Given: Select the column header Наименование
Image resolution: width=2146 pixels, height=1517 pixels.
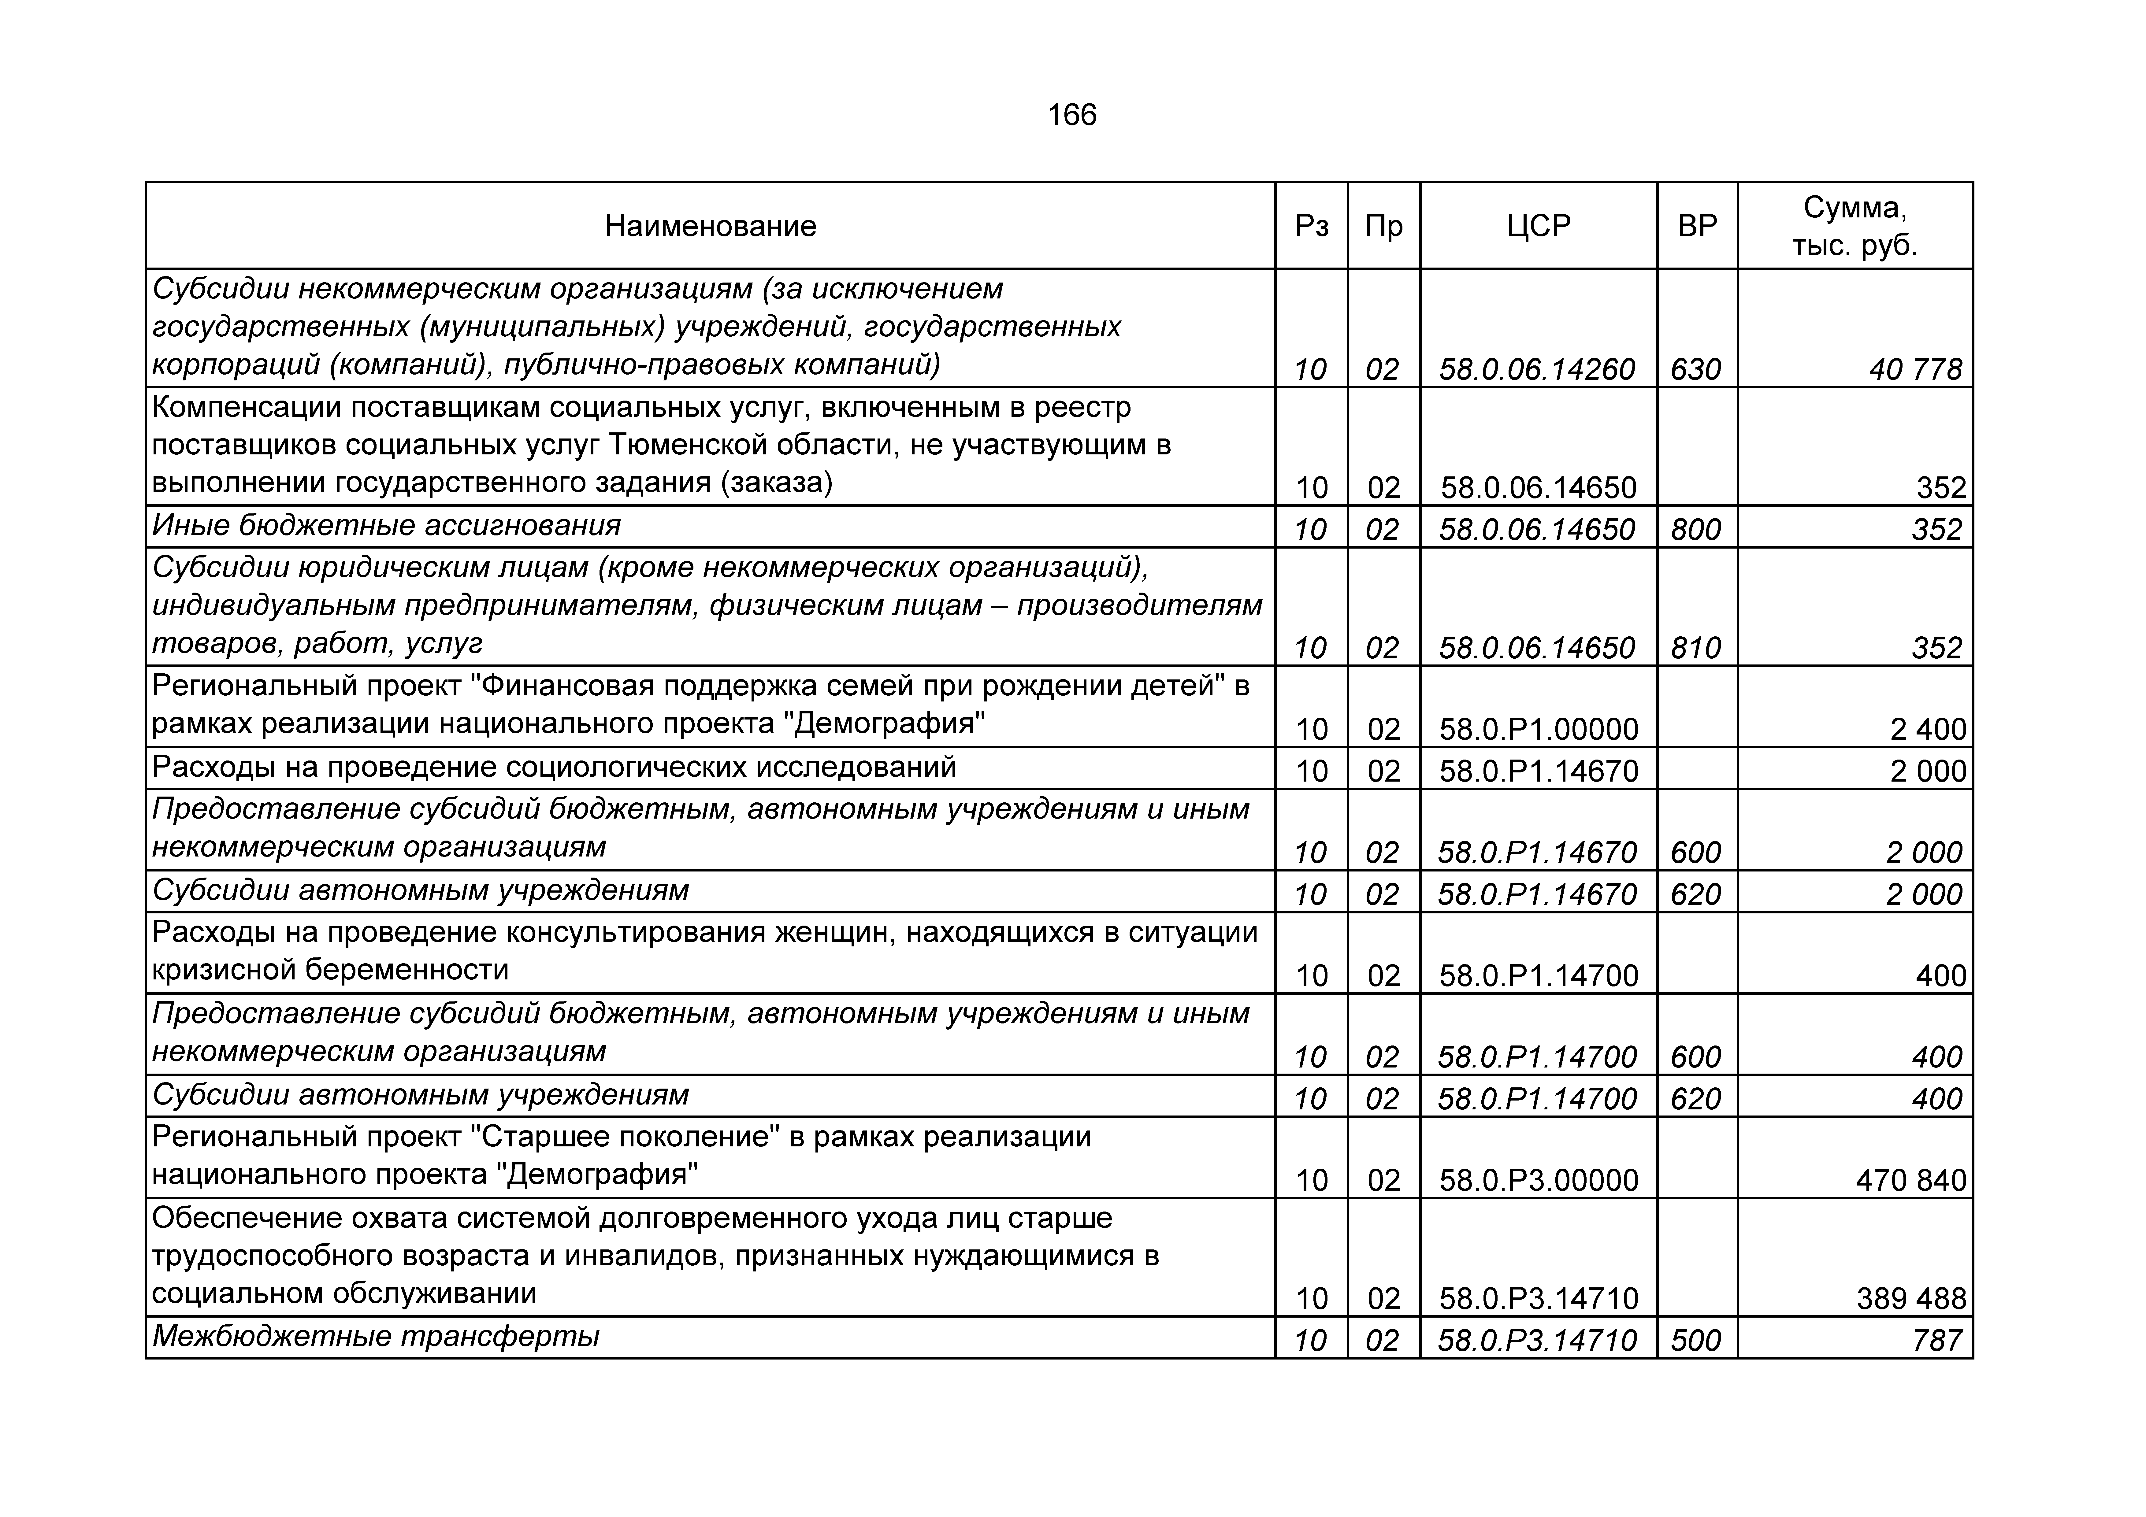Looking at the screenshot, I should (710, 226).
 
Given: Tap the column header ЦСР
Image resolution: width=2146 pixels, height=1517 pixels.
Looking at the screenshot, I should (1539, 226).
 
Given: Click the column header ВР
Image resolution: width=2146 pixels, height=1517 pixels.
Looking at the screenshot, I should (1697, 226).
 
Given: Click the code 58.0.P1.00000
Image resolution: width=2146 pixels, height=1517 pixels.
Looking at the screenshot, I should (1539, 729).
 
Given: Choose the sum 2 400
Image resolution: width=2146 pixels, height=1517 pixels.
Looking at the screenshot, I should (1928, 729).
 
